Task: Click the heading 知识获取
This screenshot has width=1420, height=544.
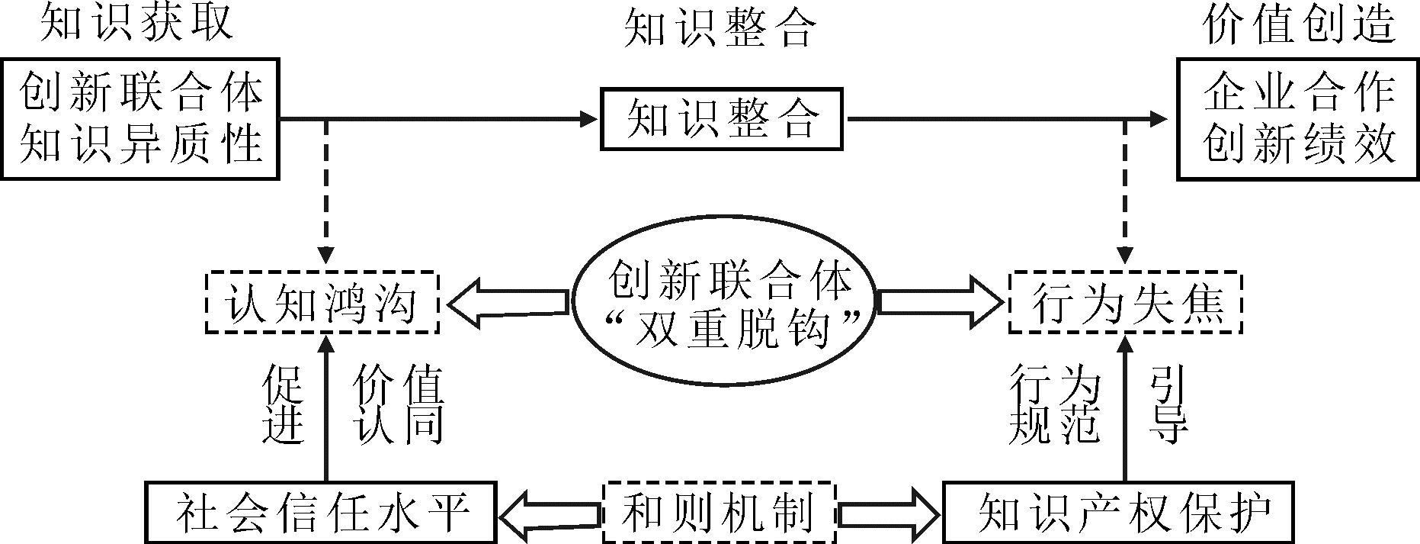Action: (136, 23)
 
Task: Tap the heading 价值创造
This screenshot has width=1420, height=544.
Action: (1299, 26)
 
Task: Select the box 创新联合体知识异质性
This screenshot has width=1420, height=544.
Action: (140, 119)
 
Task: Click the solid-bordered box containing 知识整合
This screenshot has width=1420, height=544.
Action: (722, 119)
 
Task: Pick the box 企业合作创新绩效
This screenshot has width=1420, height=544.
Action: (1298, 119)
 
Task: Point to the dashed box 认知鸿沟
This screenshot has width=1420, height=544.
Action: (322, 302)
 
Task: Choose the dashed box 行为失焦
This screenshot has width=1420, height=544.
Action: (1126, 302)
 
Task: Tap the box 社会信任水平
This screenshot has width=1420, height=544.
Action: (322, 511)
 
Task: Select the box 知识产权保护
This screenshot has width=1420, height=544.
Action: (1119, 511)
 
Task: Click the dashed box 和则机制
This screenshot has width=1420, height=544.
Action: (719, 511)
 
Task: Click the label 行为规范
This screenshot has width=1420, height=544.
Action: (1054, 404)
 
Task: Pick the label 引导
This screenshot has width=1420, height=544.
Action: (1168, 404)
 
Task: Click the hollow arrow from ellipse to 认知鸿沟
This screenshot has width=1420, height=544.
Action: (508, 303)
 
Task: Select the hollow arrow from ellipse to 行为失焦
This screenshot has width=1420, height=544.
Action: (940, 302)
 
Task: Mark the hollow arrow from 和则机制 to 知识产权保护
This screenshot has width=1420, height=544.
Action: (887, 511)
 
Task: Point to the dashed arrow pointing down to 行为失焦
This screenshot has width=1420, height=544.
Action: (1125, 192)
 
